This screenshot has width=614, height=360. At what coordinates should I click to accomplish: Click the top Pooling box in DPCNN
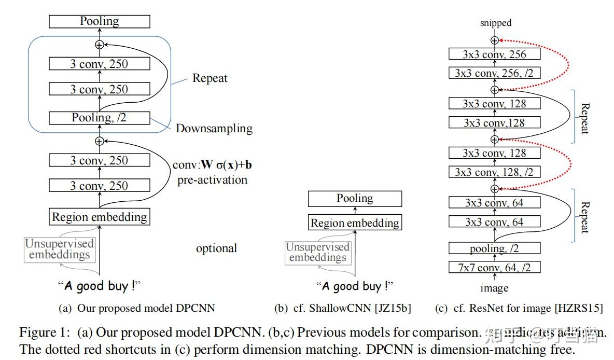[x=99, y=21]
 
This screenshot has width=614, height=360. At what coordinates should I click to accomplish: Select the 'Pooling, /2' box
[x=99, y=118]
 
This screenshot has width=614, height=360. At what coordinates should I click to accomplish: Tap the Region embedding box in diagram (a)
[x=99, y=217]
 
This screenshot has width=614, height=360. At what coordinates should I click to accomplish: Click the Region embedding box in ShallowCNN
[x=355, y=223]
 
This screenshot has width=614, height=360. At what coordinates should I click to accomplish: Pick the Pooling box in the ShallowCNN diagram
[x=355, y=199]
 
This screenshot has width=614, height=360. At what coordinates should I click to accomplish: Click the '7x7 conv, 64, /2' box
[x=494, y=268]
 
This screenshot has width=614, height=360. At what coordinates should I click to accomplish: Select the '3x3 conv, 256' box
[x=494, y=54]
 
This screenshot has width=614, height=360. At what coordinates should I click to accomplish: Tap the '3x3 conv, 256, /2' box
[x=494, y=73]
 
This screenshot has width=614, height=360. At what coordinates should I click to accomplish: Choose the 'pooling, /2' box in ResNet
[x=494, y=248]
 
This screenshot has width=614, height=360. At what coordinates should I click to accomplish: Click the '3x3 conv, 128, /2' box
[x=494, y=172]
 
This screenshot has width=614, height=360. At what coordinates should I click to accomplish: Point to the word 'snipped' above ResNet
[x=495, y=22]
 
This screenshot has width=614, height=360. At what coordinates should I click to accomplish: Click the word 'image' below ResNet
[x=494, y=288]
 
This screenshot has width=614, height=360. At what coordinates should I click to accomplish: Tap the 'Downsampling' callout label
[x=214, y=129]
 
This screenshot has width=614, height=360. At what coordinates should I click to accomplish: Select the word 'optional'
[x=216, y=248]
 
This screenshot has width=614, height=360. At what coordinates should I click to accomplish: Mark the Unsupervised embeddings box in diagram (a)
[x=60, y=249]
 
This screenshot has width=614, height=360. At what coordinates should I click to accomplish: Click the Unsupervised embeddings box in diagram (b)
[x=317, y=253]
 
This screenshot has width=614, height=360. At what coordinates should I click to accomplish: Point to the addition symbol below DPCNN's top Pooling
[x=99, y=45]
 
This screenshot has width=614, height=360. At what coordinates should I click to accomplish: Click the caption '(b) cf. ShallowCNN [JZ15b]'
[x=342, y=308]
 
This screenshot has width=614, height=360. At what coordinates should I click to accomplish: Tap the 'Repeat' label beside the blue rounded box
[x=210, y=78]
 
